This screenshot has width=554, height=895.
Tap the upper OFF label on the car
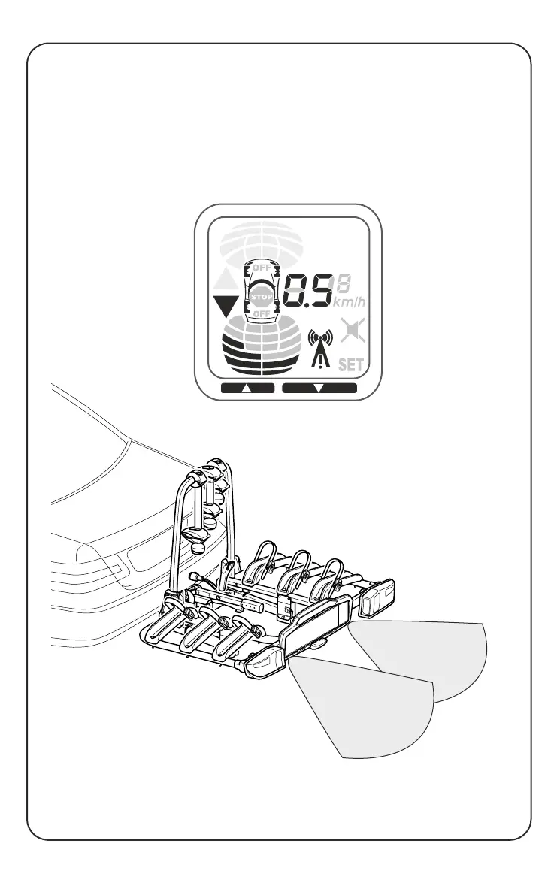tap(261, 268)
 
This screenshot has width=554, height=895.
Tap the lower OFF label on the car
tap(261, 313)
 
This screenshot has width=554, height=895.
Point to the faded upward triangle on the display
tap(226, 281)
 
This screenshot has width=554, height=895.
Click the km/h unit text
tap(350, 303)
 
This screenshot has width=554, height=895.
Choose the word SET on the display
tap(351, 366)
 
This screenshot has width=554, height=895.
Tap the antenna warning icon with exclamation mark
tap(320, 351)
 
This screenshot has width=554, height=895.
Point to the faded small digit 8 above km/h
tap(344, 284)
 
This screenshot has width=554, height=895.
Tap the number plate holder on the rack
tap(314, 627)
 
